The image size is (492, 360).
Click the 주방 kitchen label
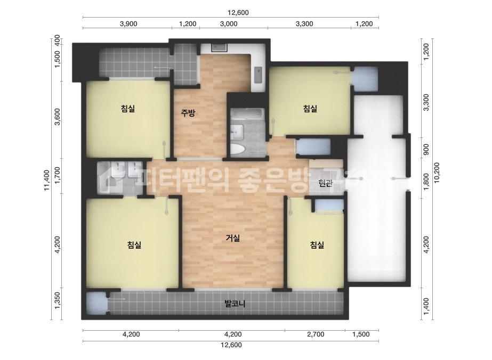click(188, 112)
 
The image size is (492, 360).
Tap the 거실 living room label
click(233, 238)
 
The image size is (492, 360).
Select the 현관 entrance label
click(325, 183)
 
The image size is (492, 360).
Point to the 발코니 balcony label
click(235, 304)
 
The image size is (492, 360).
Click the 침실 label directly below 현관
click(317, 245)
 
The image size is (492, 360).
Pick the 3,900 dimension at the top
click(128, 23)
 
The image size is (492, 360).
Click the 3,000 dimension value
click(229, 23)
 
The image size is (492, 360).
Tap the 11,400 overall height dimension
click(48, 179)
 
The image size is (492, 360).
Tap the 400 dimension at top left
click(58, 40)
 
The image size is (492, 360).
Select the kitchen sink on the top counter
click(219, 47)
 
